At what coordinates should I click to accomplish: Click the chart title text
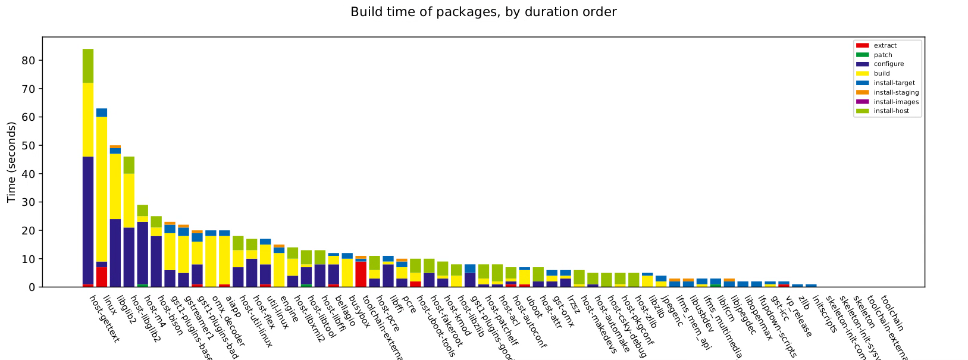click(x=483, y=12)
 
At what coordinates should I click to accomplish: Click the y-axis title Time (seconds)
click(x=12, y=162)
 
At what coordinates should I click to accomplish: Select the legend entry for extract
click(x=885, y=45)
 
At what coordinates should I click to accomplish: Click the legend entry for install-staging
click(x=896, y=92)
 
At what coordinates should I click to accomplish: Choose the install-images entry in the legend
click(x=896, y=102)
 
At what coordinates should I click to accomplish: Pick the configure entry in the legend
click(x=889, y=64)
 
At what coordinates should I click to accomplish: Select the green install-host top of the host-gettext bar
click(x=88, y=65)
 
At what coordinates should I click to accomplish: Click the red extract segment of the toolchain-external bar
click(x=361, y=274)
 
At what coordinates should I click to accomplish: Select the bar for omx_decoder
click(x=211, y=262)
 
